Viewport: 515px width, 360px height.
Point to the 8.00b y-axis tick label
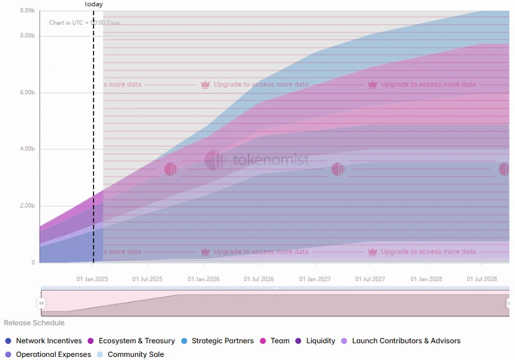pyautogui.click(x=28, y=36)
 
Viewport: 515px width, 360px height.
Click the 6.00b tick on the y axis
pyautogui.click(x=28, y=92)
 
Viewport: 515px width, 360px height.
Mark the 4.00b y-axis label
pyautogui.click(x=28, y=149)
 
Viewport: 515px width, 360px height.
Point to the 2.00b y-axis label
pyautogui.click(x=28, y=206)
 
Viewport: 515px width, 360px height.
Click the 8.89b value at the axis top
pyautogui.click(x=28, y=11)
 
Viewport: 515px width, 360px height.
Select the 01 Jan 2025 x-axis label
pyautogui.click(x=92, y=279)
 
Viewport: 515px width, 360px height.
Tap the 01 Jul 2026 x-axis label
pyautogui.click(x=259, y=279)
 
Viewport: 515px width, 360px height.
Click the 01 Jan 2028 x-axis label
pyautogui.click(x=426, y=279)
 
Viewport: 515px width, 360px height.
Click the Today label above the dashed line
pyautogui.click(x=94, y=4)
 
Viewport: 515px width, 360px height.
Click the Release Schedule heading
pyautogui.click(x=34, y=323)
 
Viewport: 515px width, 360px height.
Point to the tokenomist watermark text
pyautogui.click(x=271, y=160)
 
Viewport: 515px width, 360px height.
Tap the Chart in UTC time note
pyautogui.click(x=85, y=23)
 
